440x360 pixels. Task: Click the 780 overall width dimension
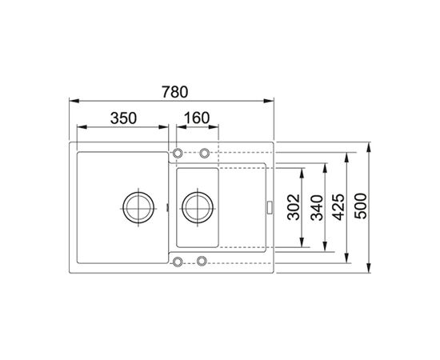pos(174,92)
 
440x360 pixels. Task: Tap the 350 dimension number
pos(123,118)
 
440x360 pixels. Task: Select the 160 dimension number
pos(197,118)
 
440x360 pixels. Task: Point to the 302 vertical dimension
pos(294,206)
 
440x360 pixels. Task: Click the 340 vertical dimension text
pos(318,208)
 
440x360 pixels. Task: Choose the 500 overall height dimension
pos(361,206)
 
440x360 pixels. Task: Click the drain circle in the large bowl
pos(138,208)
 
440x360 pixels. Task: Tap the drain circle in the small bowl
pos(198,208)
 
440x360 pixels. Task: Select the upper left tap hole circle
pos(178,154)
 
